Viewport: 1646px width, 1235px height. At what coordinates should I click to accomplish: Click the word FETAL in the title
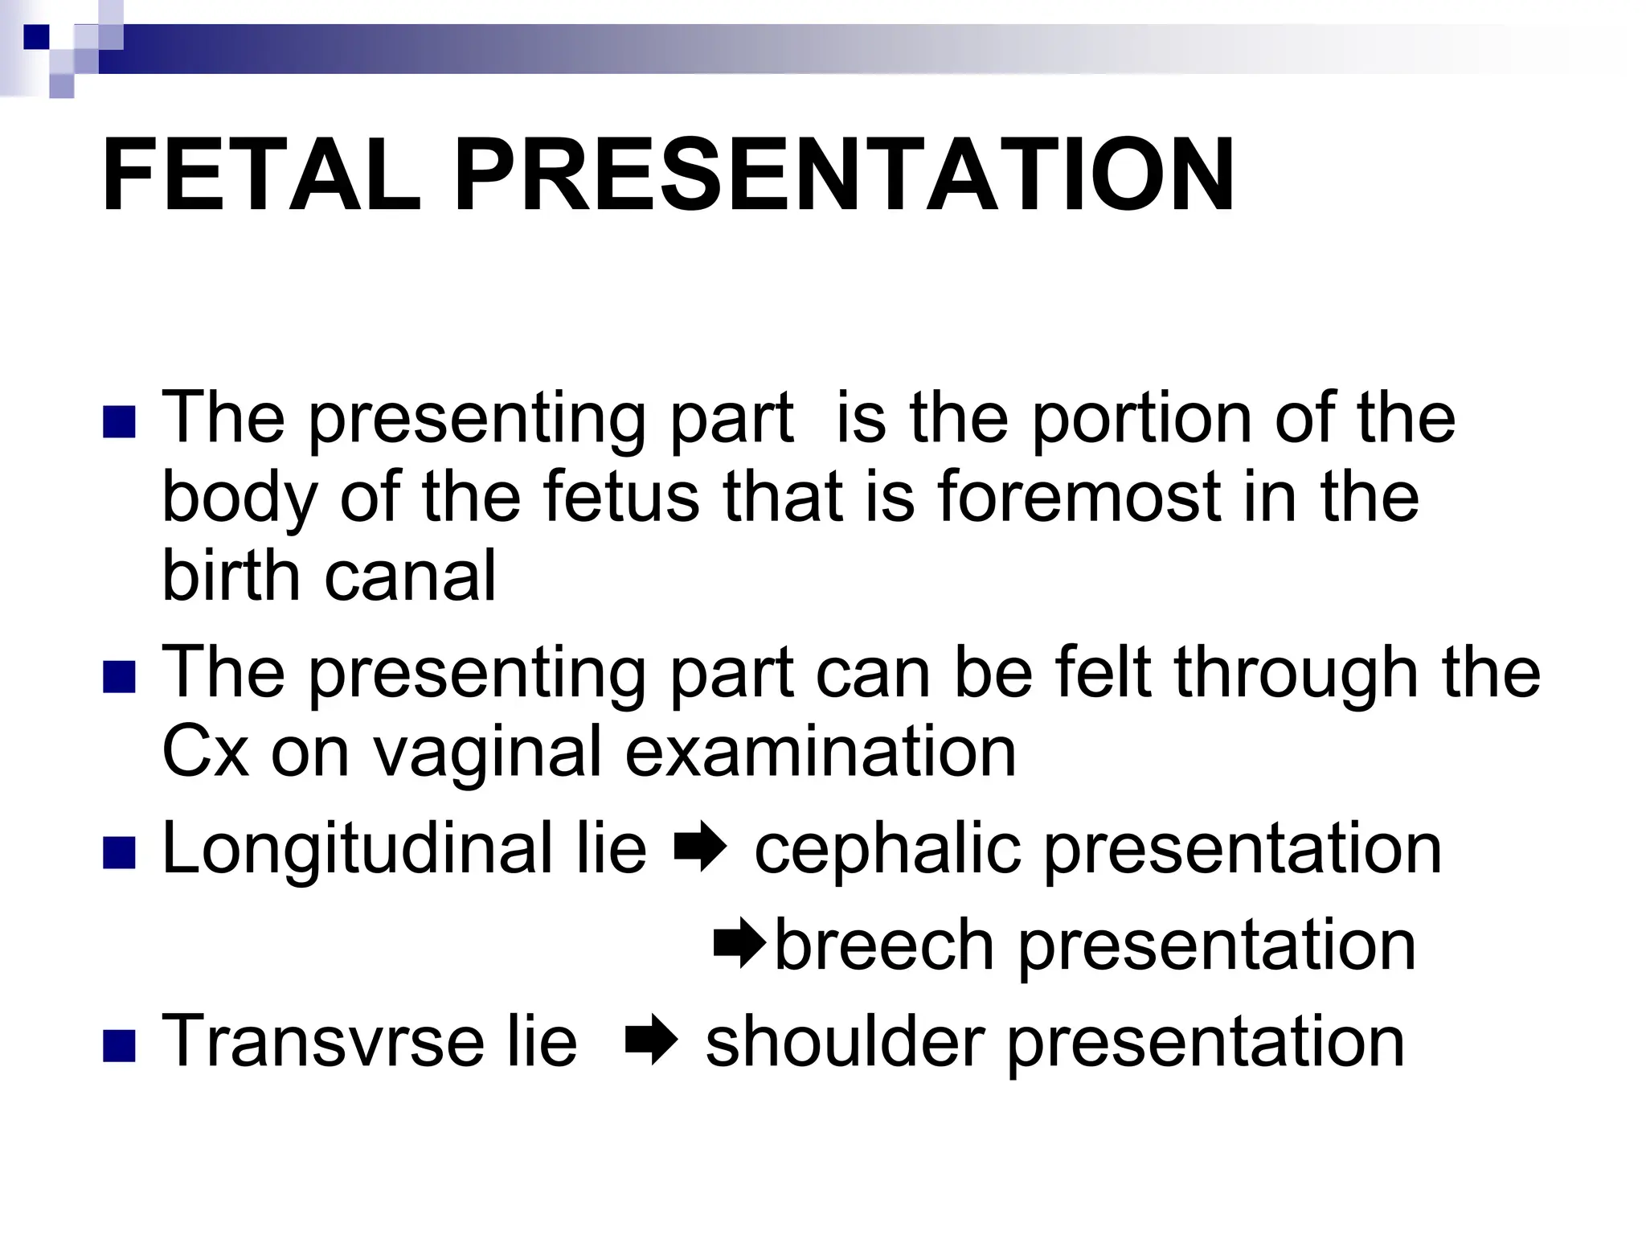pyautogui.click(x=261, y=175)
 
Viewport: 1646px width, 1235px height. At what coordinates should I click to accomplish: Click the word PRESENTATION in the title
pyautogui.click(x=844, y=175)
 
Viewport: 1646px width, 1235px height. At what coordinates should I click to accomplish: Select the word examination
pyautogui.click(x=820, y=751)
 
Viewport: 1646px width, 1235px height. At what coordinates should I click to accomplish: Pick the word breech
pyautogui.click(x=884, y=946)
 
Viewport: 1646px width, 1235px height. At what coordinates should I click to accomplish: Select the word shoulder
pyautogui.click(x=845, y=1041)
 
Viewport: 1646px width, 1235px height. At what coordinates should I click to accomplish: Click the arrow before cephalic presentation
pyautogui.click(x=700, y=849)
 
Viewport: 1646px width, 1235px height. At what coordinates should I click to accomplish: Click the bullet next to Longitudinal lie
pyautogui.click(x=119, y=852)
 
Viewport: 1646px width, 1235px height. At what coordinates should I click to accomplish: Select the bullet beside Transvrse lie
pyautogui.click(x=119, y=1045)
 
